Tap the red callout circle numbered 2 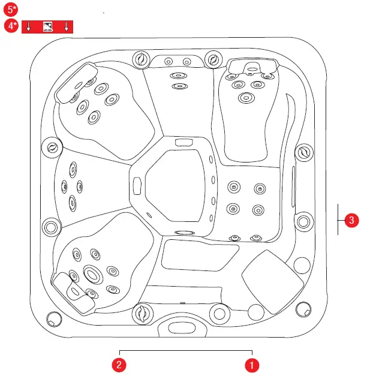(121, 363)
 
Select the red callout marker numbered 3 (353, 221)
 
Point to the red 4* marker (10, 26)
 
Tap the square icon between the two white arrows (47, 26)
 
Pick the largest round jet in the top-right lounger (245, 98)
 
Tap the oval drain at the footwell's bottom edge (184, 233)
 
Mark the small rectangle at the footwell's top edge (182, 142)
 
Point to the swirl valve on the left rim (52, 146)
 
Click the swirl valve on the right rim (304, 152)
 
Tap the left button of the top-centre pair (169, 62)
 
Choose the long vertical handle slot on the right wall (292, 189)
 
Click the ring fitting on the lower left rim (51, 227)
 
